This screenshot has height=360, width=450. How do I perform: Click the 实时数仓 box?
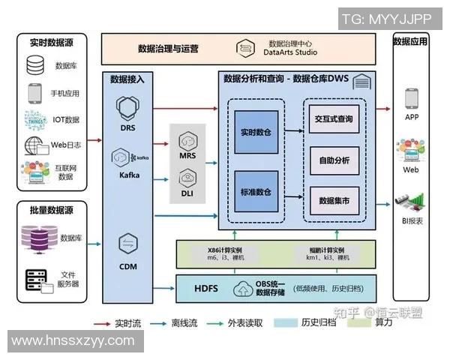[x=257, y=131]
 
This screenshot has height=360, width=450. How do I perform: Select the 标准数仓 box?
[x=257, y=192]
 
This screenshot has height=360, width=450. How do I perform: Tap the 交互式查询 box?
[x=334, y=119]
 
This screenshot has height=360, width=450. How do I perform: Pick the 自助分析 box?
[x=334, y=160]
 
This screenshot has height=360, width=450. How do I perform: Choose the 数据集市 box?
[x=334, y=200]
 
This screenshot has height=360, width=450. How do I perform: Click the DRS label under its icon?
[x=127, y=127]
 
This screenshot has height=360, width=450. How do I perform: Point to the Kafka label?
[x=130, y=175]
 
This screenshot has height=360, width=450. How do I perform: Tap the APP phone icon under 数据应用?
[x=411, y=98]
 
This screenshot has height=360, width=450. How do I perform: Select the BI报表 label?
[x=411, y=220]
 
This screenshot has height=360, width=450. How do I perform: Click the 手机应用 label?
[x=64, y=94]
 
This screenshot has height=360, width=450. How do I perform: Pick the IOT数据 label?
[x=66, y=119]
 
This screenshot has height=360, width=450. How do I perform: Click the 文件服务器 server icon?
[x=35, y=280]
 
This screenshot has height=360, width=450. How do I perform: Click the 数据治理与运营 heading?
[x=169, y=49]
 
